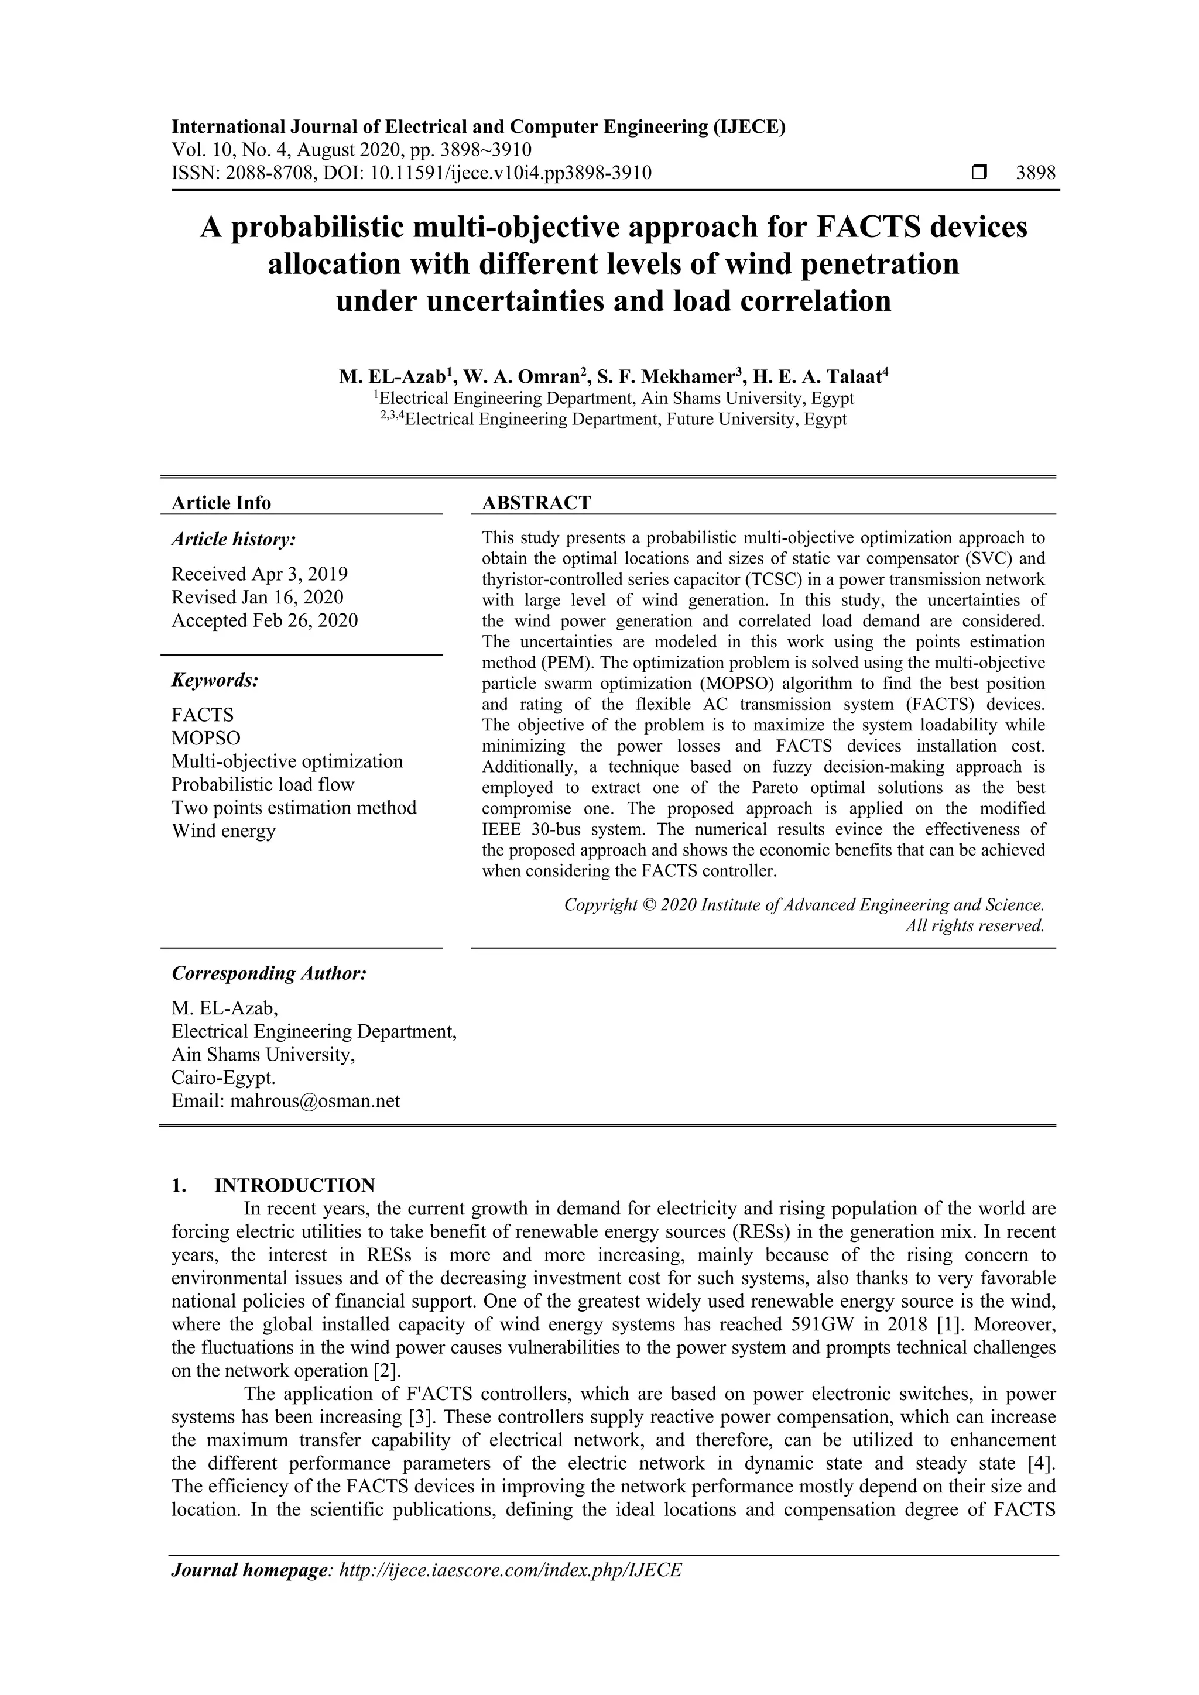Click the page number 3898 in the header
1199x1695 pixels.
pyautogui.click(x=1035, y=173)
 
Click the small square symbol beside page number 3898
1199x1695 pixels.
pyautogui.click(x=979, y=173)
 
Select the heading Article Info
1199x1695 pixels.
pyautogui.click(x=221, y=503)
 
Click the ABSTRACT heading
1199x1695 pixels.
pyautogui.click(x=536, y=503)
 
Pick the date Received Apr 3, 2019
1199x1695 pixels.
pyautogui.click(x=259, y=574)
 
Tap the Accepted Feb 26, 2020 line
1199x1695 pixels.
pyautogui.click(x=264, y=620)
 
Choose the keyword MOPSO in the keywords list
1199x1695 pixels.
pyautogui.click(x=206, y=738)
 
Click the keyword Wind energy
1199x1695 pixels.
pyautogui.click(x=224, y=831)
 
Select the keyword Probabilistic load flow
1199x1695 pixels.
pyautogui.click(x=263, y=784)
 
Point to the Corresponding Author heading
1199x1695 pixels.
pyautogui.click(x=269, y=973)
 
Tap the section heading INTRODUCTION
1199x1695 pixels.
pyautogui.click(x=294, y=1186)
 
